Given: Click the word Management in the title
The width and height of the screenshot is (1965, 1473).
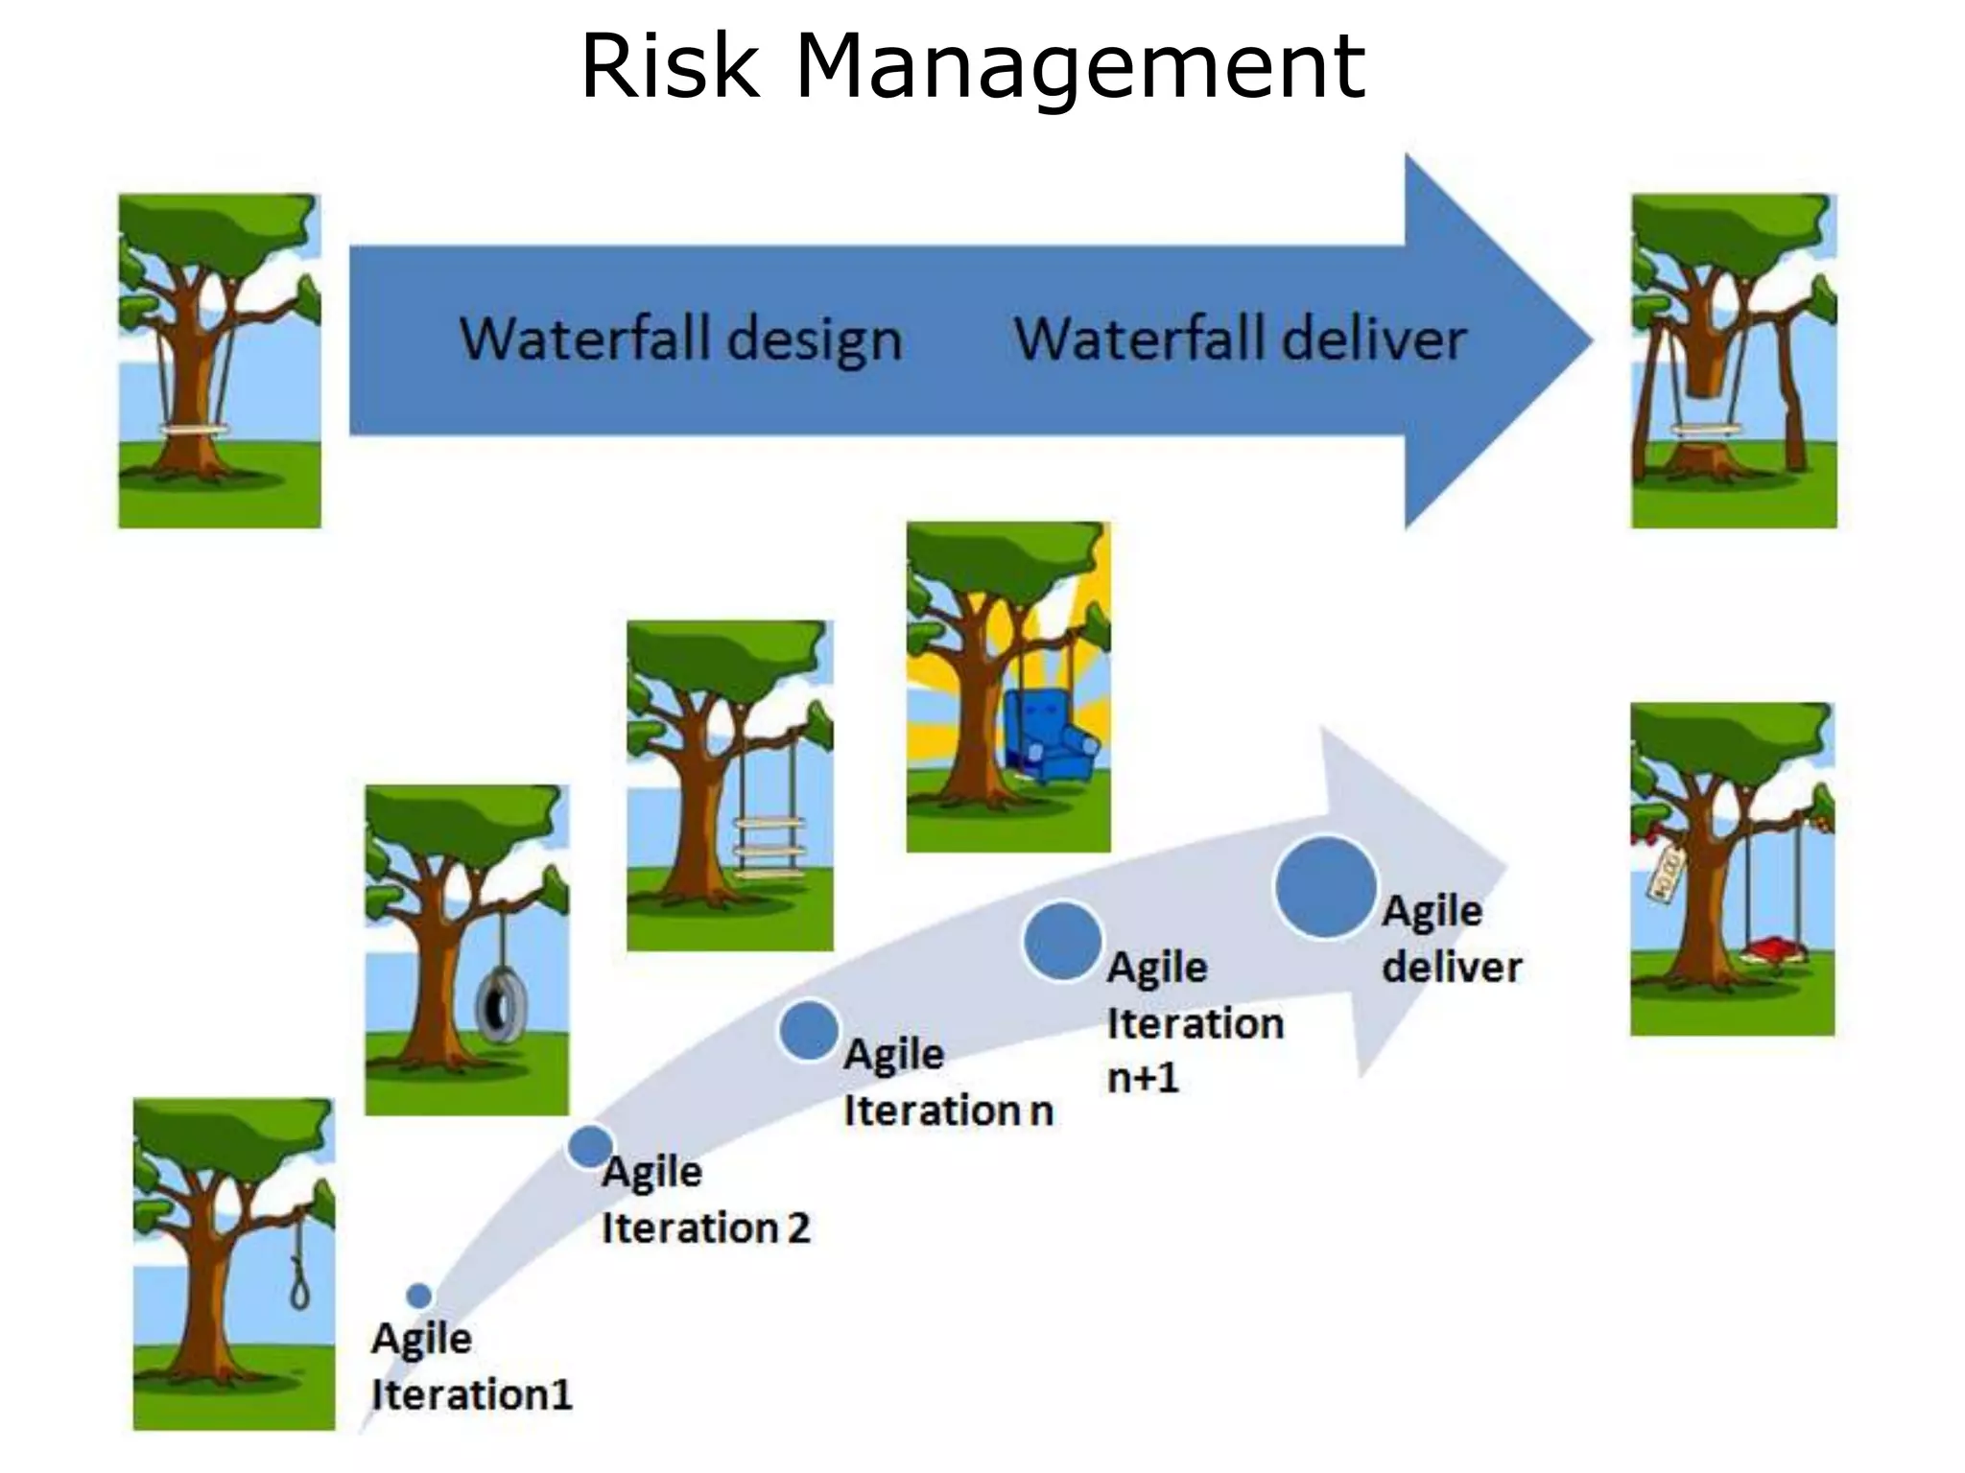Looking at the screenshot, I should (x=1079, y=67).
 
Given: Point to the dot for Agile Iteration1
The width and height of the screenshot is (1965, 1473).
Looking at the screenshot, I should (x=419, y=1296).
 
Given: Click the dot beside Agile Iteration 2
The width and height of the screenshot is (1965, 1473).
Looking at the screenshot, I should (x=590, y=1146).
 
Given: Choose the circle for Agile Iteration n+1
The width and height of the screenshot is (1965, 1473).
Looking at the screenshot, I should (x=1062, y=941).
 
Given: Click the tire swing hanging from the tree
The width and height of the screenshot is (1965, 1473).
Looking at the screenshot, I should (x=501, y=1007).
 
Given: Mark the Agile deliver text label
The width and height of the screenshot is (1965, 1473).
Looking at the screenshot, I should (x=1450, y=938).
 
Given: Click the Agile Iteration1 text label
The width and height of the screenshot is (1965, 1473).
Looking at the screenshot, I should (x=470, y=1366).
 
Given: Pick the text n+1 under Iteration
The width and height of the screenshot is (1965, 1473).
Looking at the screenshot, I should (x=1142, y=1078).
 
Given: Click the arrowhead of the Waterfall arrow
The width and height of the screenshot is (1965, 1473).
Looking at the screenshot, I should (x=1497, y=340).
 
